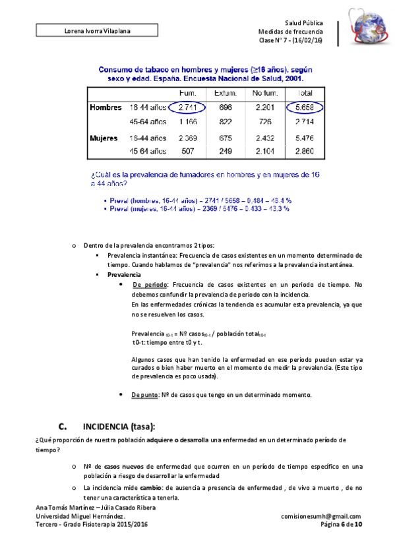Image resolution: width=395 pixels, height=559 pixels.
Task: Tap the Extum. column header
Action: click(x=226, y=93)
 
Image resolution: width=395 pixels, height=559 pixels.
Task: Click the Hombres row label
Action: click(x=106, y=107)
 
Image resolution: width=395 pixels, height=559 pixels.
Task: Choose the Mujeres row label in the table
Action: click(x=104, y=138)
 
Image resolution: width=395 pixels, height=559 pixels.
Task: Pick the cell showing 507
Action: click(x=187, y=152)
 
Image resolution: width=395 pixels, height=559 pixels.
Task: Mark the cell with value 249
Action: click(x=226, y=152)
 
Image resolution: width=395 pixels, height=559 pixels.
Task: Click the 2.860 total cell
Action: click(x=305, y=152)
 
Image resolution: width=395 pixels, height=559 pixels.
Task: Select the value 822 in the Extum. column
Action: click(x=226, y=122)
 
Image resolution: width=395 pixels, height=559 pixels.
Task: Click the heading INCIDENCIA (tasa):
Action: click(x=118, y=426)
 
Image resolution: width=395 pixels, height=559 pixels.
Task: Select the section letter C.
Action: click(x=63, y=426)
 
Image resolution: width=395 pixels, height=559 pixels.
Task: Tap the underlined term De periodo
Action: click(x=150, y=284)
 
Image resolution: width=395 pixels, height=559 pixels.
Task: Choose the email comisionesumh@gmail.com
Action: click(x=320, y=516)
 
